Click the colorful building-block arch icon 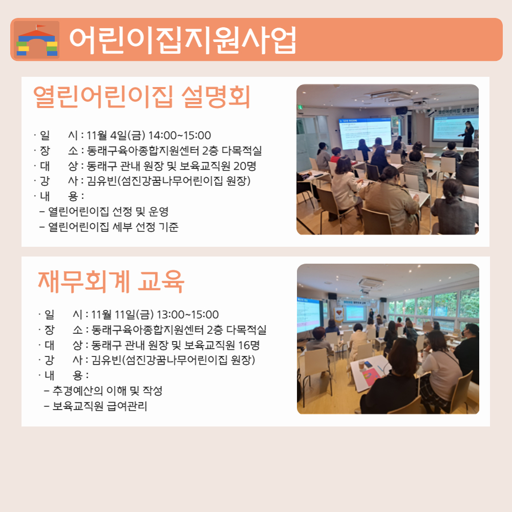tap(37, 40)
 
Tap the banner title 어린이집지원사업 tap(183, 40)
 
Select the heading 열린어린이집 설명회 tap(142, 96)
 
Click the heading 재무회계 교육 tap(111, 282)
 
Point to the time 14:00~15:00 tap(180, 135)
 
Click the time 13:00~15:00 tap(188, 314)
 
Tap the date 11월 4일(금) tap(116, 135)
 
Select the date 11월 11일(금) tap(122, 314)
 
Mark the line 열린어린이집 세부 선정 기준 tap(113, 227)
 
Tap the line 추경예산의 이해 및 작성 tap(108, 391)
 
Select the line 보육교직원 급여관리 tap(100, 406)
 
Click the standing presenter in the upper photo tap(467, 134)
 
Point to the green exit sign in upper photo tap(300, 107)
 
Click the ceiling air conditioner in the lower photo tap(370, 283)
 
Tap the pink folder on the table tap(371, 377)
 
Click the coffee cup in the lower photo tap(361, 365)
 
